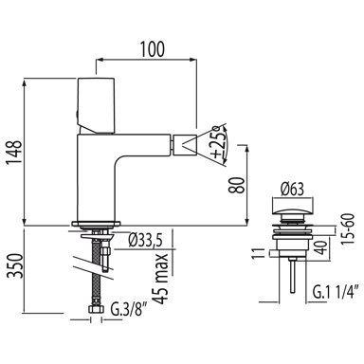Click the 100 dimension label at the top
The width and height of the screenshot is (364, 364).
(153, 49)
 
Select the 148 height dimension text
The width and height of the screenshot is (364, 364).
(14, 153)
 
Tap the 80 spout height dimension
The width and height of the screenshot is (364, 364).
(238, 185)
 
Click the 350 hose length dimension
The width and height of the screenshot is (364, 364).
(15, 265)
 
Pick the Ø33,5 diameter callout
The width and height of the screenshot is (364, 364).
(145, 242)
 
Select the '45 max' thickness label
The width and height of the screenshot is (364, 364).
(162, 278)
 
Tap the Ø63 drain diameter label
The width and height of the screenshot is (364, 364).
(292, 190)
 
